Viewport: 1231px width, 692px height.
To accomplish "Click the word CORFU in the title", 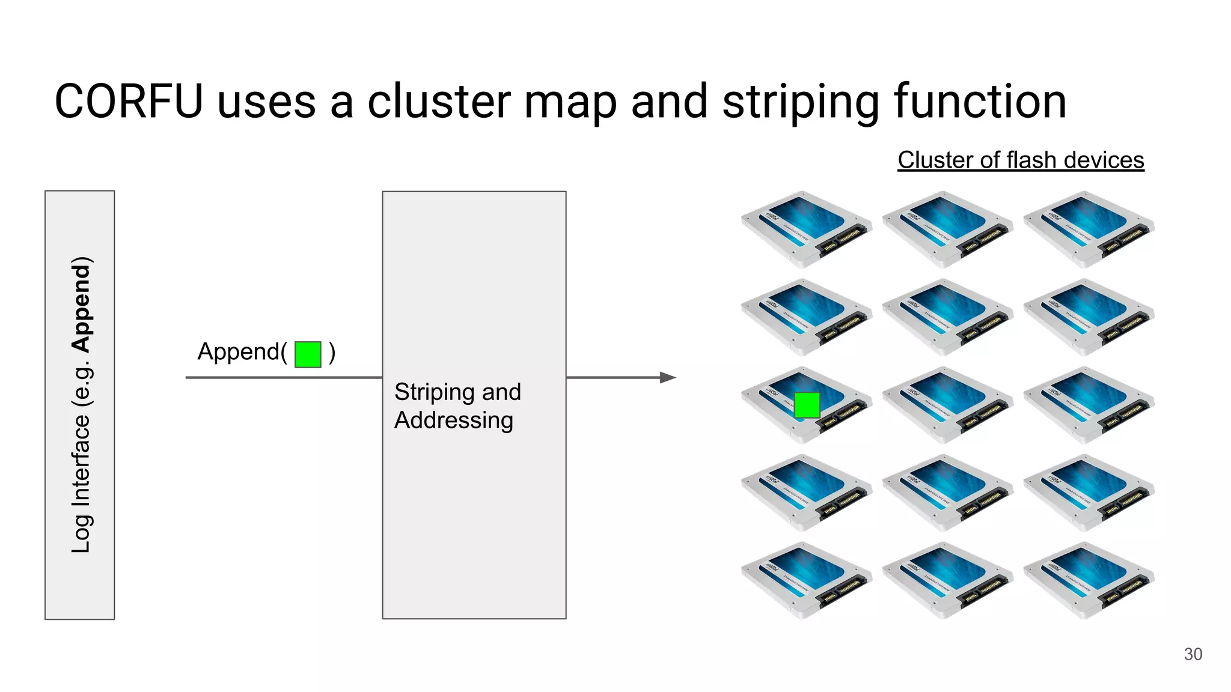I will [129, 102].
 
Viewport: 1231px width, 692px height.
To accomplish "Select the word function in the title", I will [980, 102].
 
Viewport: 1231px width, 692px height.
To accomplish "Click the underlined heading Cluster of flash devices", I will [1021, 160].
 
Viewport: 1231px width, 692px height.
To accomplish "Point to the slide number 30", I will [1193, 654].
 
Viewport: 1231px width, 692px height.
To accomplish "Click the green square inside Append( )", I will [308, 354].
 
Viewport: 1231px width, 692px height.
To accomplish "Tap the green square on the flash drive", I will [807, 405].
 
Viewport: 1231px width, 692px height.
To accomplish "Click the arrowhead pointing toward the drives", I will [668, 377].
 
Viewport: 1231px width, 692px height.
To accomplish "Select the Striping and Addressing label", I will [457, 405].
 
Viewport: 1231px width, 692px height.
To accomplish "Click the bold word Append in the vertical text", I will [81, 305].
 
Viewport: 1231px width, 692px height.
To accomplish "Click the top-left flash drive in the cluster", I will [806, 229].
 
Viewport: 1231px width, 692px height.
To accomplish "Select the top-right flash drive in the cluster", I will [1089, 229].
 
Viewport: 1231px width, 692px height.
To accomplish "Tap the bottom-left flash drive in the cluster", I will [806, 580].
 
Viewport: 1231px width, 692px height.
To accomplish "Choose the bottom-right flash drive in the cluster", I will [1089, 580].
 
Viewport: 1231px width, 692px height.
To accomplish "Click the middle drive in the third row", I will [947, 405].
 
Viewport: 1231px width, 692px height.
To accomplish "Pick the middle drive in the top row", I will [947, 229].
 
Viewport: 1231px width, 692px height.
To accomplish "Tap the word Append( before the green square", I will [242, 352].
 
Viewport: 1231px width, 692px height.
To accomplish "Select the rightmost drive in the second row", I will [1089, 317].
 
